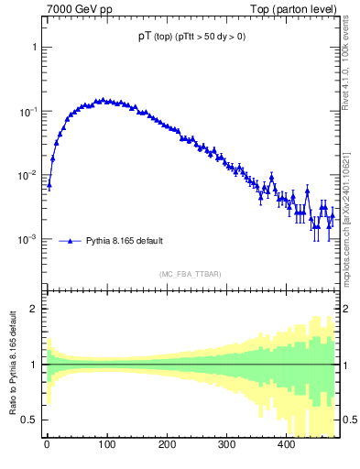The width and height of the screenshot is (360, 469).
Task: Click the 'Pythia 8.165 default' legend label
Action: point(125,241)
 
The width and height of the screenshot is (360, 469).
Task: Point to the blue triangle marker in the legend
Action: point(71,241)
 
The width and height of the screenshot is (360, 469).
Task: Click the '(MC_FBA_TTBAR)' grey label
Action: point(188,274)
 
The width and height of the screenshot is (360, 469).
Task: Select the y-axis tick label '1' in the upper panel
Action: point(35,47)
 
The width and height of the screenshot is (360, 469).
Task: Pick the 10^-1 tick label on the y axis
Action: point(29,111)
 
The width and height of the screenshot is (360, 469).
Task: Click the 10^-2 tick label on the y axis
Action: point(29,175)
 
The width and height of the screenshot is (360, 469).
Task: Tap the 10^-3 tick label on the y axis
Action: point(29,239)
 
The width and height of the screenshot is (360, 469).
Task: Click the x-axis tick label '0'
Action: point(47,444)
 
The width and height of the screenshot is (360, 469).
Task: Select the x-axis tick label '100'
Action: point(106,444)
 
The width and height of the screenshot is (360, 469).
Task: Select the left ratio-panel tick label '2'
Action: point(35,309)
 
